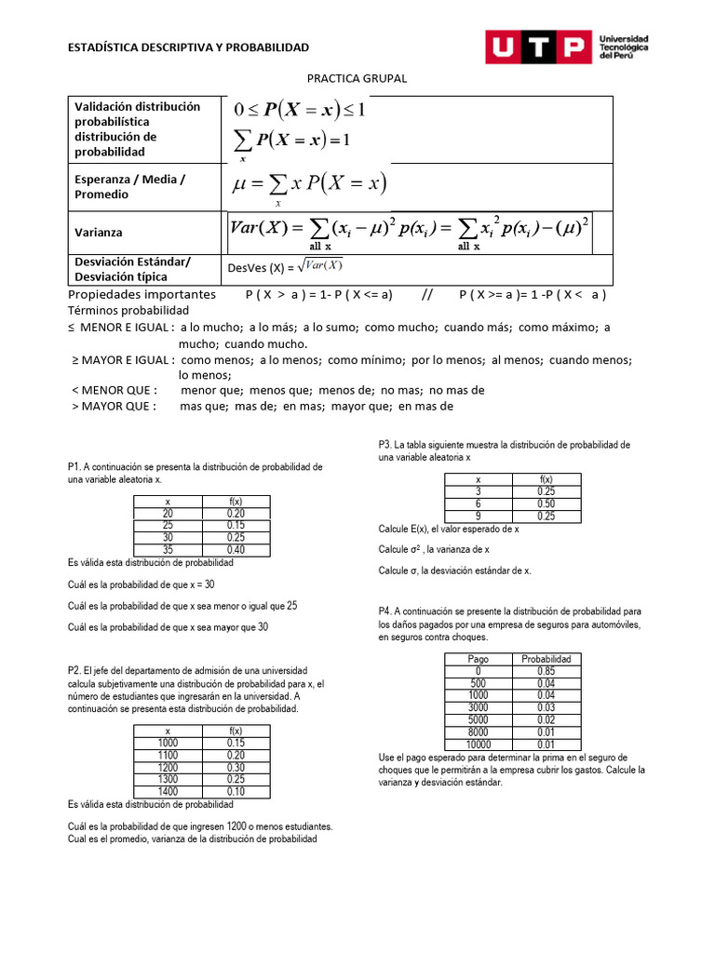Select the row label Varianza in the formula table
point(99,232)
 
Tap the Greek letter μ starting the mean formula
point(241,184)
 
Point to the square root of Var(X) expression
point(322,266)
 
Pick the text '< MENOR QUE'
point(115,390)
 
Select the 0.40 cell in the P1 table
point(236,550)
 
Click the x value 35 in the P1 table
point(168,550)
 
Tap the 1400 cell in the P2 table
point(168,791)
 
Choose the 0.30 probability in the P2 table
point(236,767)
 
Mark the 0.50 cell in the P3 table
point(546,503)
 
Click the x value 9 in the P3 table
point(479,516)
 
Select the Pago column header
point(479,659)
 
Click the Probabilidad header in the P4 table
point(546,659)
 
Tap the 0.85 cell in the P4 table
point(546,671)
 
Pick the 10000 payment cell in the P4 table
point(479,744)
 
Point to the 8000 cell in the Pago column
point(479,732)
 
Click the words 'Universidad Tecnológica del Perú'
point(625,47)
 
